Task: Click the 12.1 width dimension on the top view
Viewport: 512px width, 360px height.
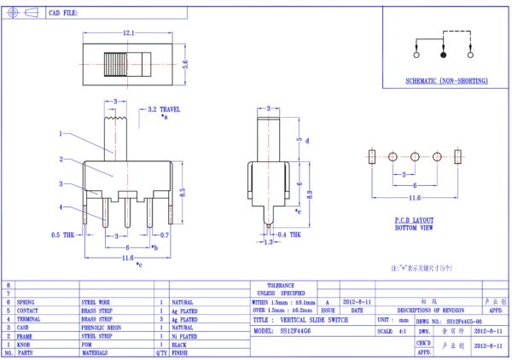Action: coord(127,32)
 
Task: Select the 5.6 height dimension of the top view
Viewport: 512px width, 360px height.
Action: coord(186,62)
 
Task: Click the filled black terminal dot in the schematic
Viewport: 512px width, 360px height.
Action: coord(443,55)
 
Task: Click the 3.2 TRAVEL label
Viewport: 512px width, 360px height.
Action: coord(164,110)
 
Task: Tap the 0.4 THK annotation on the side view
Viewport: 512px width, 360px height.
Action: coord(289,234)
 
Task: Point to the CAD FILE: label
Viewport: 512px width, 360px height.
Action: coord(64,14)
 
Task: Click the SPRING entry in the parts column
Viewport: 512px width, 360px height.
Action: coord(27,302)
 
